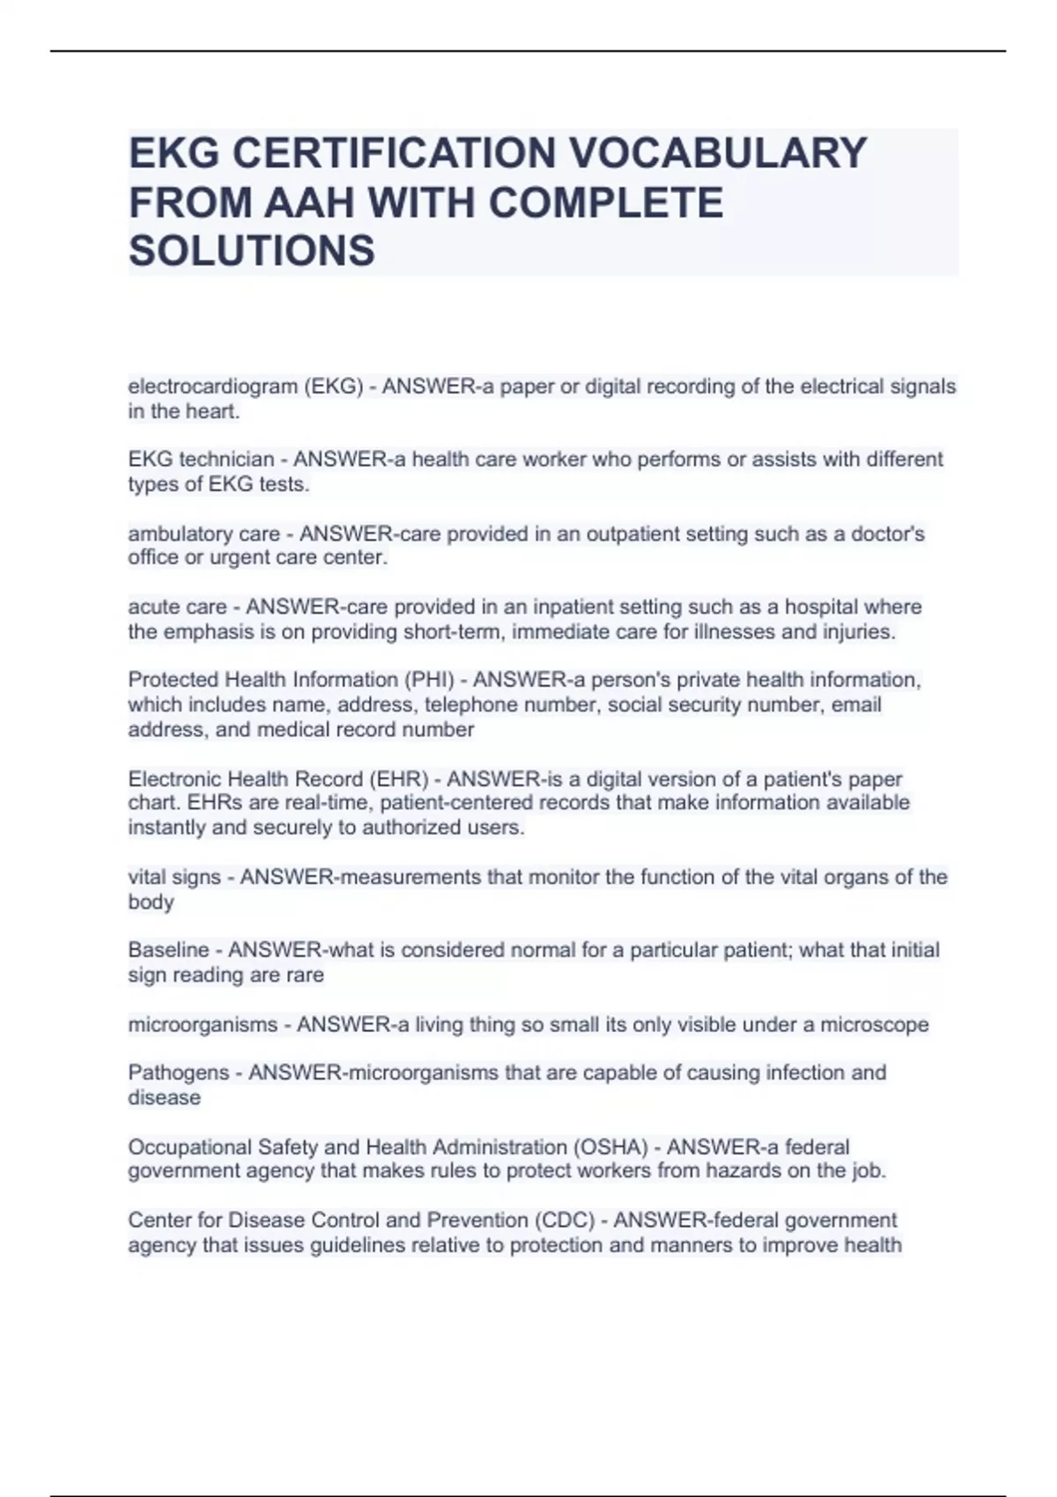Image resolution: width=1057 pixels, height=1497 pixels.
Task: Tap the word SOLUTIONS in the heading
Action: click(252, 251)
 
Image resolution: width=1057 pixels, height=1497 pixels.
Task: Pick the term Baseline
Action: click(168, 950)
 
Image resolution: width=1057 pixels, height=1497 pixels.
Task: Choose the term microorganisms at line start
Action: click(203, 1025)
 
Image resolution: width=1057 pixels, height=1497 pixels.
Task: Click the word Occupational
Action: click(189, 1147)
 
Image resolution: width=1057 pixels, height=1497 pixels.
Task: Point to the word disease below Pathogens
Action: click(164, 1098)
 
